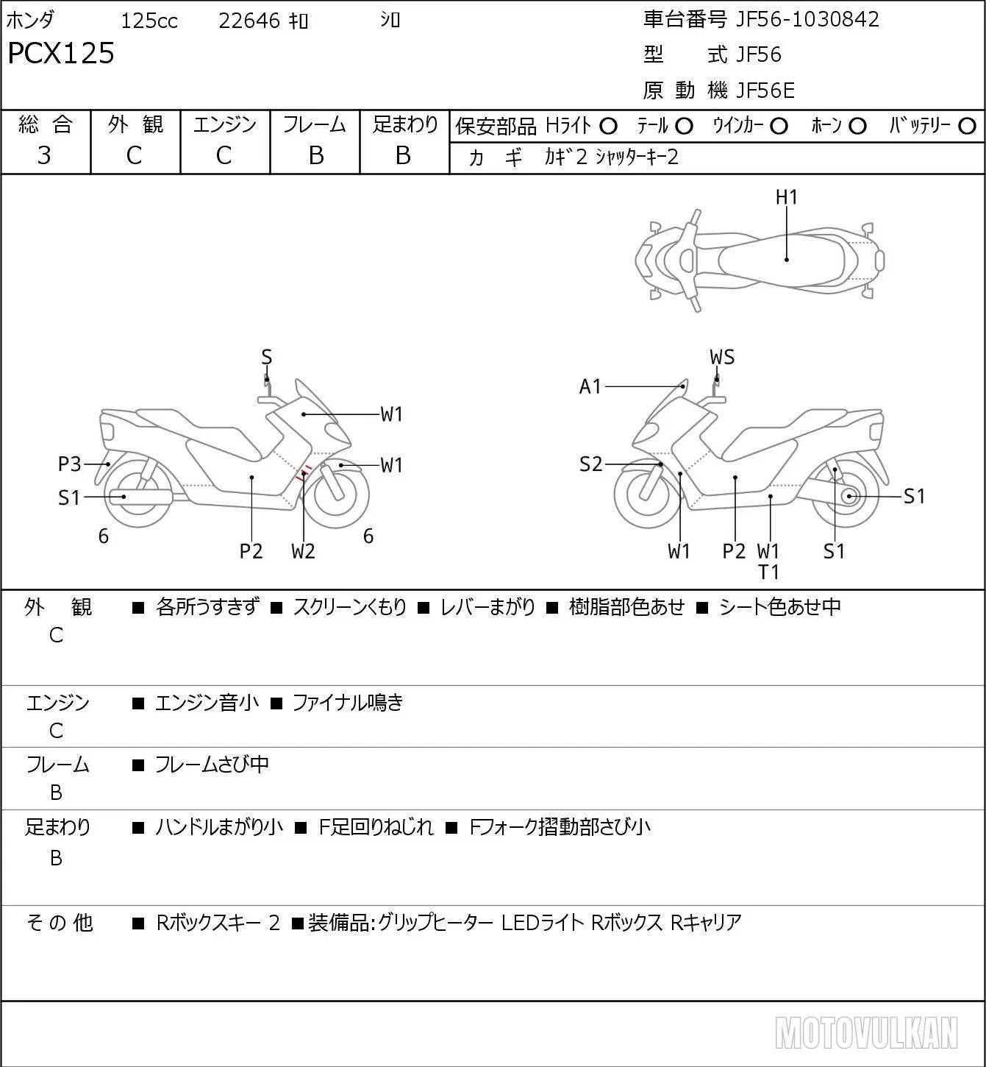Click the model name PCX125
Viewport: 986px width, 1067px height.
pos(61,53)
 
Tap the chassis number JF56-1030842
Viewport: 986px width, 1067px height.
pos(807,19)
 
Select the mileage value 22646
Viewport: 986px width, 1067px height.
pos(249,21)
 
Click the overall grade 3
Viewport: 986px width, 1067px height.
pos(44,155)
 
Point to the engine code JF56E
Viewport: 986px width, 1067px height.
pos(765,91)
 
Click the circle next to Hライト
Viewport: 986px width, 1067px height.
pos(608,127)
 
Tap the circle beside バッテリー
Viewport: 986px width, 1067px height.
pos(967,127)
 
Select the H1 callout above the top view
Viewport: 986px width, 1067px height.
pos(786,197)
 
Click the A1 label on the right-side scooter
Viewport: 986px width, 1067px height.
pos(590,386)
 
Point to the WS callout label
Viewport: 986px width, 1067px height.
pos(722,357)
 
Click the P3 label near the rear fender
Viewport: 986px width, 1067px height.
pos(69,464)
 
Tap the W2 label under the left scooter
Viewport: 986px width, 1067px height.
pos(303,551)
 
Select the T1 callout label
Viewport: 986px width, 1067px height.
pos(768,573)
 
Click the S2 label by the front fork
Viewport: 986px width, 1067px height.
pos(590,464)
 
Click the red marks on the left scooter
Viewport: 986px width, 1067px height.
pos(304,472)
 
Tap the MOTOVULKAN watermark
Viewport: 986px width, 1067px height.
pos(866,1032)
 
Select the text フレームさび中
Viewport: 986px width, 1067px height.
pos(212,764)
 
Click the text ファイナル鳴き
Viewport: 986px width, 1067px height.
pos(348,702)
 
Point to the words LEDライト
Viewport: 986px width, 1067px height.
pos(543,923)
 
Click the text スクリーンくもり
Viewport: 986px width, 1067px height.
pos(349,607)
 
